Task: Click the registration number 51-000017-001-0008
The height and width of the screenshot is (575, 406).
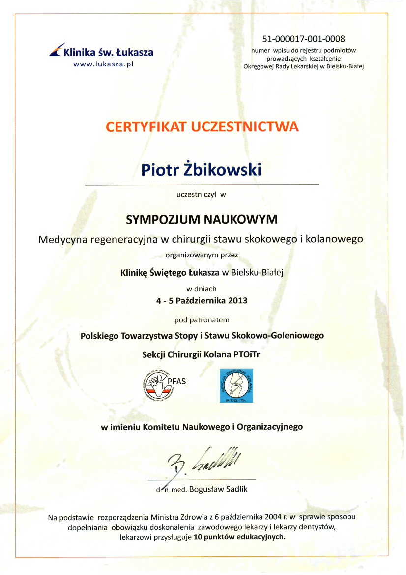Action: pos(303,39)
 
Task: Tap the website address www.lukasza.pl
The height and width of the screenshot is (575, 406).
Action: pos(104,64)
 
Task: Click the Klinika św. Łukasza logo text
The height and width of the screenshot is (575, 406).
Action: pos(108,52)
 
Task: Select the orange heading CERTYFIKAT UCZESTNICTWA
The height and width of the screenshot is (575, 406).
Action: pos(202,127)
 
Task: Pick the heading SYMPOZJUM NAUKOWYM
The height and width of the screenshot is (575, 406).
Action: pos(202,219)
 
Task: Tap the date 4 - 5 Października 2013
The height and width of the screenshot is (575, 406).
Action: pos(202,300)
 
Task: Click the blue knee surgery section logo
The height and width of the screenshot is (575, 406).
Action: pos(236,385)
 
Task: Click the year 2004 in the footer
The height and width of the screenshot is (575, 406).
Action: pos(272,517)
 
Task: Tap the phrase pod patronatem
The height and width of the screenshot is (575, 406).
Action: pos(203,320)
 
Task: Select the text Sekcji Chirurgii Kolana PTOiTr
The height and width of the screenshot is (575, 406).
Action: pos(203,353)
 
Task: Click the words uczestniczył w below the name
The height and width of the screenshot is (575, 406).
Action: pos(201,194)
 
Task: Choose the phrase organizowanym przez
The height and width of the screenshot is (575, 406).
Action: pos(202,255)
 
